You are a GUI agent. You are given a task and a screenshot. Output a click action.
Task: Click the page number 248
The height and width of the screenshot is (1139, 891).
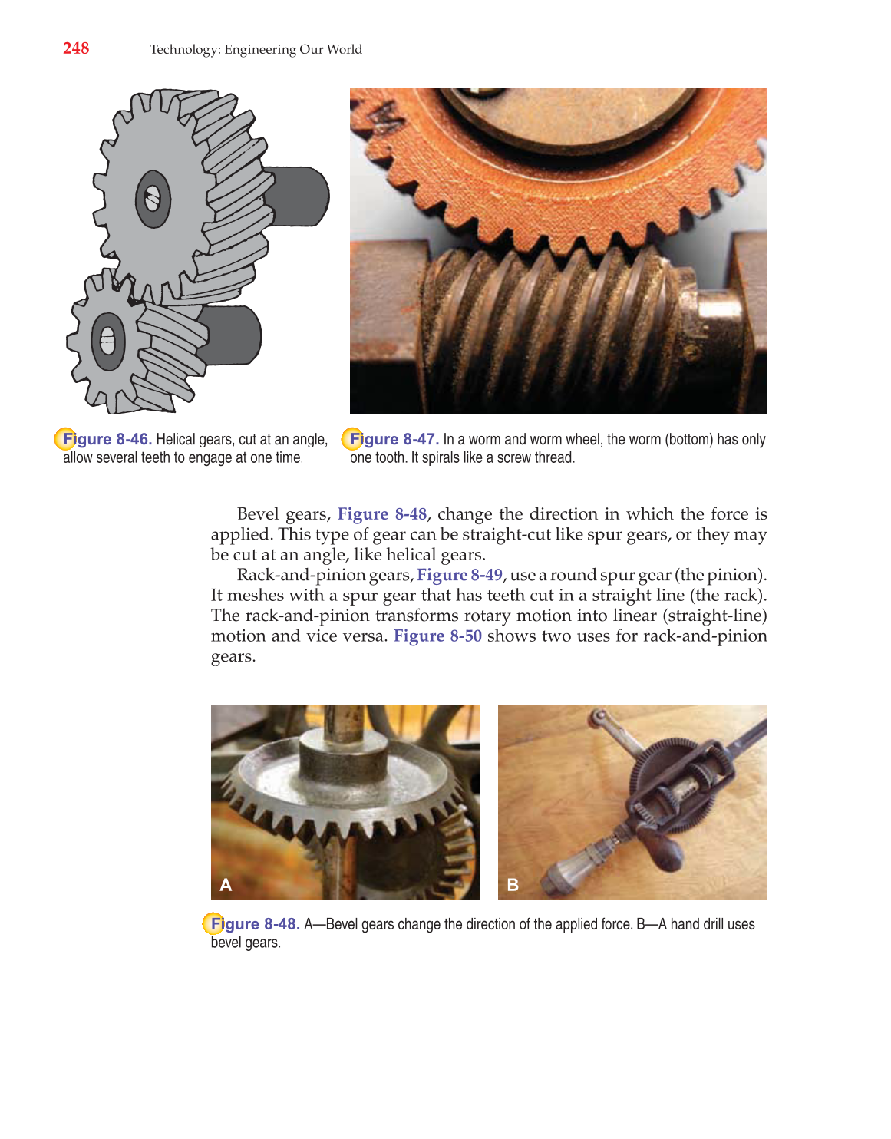pyautogui.click(x=76, y=48)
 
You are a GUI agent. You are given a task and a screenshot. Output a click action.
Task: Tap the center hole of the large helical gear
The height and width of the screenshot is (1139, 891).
pyautogui.click(x=153, y=200)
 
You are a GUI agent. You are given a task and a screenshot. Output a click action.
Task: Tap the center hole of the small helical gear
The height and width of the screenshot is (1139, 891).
pyautogui.click(x=108, y=339)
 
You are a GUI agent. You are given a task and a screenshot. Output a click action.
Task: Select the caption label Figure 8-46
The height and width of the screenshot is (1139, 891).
pyautogui.click(x=107, y=439)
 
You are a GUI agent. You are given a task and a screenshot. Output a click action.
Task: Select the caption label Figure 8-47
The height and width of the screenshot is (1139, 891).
pyautogui.click(x=394, y=439)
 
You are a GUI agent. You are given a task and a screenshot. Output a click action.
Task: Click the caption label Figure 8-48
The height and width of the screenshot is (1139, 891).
pyautogui.click(x=255, y=924)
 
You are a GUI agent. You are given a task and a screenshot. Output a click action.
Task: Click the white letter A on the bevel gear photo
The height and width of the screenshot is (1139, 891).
pyautogui.click(x=226, y=885)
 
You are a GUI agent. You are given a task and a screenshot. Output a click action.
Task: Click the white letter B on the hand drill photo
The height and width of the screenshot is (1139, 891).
pyautogui.click(x=513, y=885)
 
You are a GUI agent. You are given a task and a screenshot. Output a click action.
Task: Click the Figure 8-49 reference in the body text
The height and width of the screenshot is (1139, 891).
pyautogui.click(x=460, y=575)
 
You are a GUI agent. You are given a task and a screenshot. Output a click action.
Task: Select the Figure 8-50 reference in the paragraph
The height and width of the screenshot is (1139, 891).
pyautogui.click(x=437, y=636)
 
